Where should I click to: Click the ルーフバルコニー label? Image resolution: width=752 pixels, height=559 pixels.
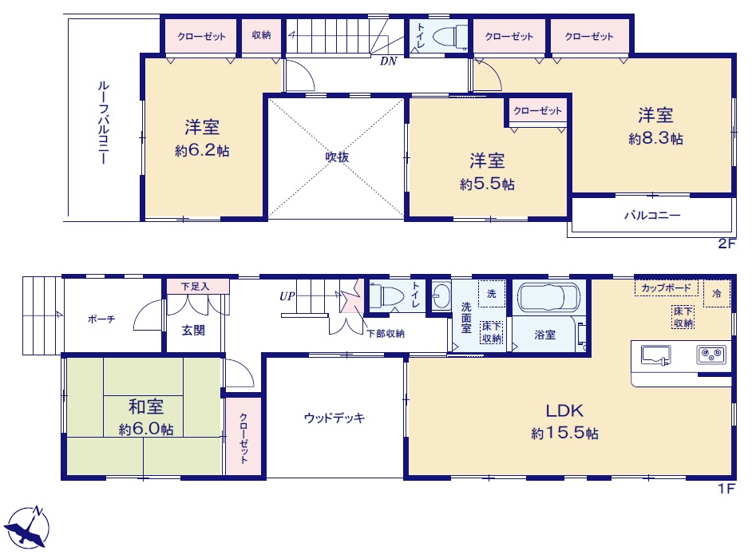click(103, 122)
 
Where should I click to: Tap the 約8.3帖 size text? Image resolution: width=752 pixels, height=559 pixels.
click(655, 139)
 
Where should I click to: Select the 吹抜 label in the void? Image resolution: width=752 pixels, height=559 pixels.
click(337, 157)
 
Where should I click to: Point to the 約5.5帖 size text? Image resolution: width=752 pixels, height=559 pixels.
click(487, 184)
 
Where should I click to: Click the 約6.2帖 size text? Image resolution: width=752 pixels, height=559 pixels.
click(202, 151)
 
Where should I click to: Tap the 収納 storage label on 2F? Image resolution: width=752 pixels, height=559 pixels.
click(261, 35)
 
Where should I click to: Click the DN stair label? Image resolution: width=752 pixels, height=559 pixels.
click(389, 61)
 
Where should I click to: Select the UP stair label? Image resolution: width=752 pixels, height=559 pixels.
click(287, 296)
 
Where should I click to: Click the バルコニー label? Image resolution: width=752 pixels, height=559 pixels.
click(652, 215)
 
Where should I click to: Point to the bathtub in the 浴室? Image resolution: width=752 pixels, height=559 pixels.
click(548, 298)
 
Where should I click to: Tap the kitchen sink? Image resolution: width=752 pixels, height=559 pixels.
click(655, 355)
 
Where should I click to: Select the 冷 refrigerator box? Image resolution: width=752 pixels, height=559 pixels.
click(717, 293)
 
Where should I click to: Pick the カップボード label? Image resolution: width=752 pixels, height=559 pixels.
click(666, 288)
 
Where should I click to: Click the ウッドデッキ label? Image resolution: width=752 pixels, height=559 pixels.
click(334, 418)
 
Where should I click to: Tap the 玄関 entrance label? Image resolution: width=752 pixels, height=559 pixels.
click(193, 330)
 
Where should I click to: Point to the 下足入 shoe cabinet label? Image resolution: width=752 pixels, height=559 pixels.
click(196, 287)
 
